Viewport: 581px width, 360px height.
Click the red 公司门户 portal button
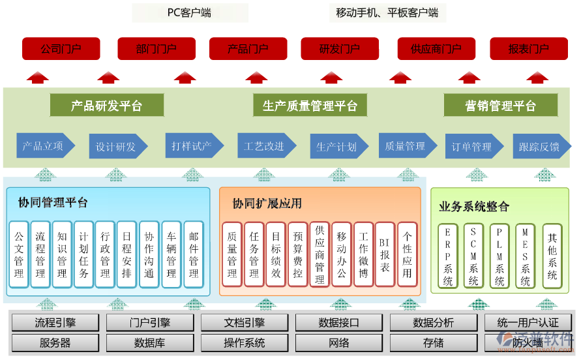pos(61,49)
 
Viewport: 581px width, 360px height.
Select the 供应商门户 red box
pos(436,49)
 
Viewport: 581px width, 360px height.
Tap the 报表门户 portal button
pos(528,49)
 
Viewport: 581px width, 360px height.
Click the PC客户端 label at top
pos(189,12)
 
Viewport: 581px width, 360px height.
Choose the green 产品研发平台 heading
pos(106,106)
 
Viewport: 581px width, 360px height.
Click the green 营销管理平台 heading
pos(500,106)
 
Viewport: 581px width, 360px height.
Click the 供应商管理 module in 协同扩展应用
pos(320,254)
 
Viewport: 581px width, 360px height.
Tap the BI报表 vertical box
pos(385,254)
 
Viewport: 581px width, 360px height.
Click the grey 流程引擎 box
pos(55,322)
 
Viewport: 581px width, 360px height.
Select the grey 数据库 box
pos(149,342)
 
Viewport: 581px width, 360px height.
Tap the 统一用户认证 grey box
pos(528,322)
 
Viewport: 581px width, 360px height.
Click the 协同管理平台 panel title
pos(53,203)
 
